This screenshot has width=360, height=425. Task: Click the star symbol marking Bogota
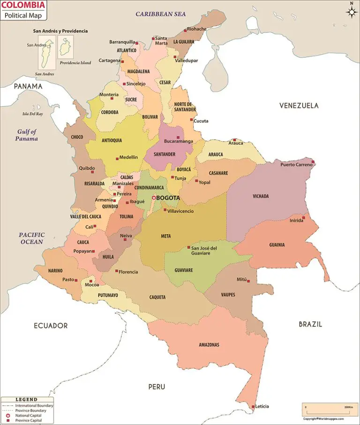tap(154, 198)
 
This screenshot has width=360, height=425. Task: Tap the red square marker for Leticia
tap(253, 407)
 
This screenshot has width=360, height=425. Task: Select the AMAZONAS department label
tap(209, 345)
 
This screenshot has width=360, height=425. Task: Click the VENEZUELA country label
tap(299, 106)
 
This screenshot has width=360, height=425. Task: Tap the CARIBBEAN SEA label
tap(160, 14)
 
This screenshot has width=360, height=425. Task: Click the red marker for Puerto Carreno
tap(313, 162)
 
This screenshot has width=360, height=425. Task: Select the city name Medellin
tap(128, 158)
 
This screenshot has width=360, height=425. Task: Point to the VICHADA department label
tap(261, 196)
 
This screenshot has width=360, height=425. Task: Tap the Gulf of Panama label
tap(27, 135)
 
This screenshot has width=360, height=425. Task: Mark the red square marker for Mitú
tap(248, 281)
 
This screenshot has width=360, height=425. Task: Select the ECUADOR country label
tap(51, 326)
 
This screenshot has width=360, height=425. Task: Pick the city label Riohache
tap(197, 29)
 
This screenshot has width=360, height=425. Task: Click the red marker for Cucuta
tap(192, 120)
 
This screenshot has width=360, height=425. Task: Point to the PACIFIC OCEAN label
tap(31, 238)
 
